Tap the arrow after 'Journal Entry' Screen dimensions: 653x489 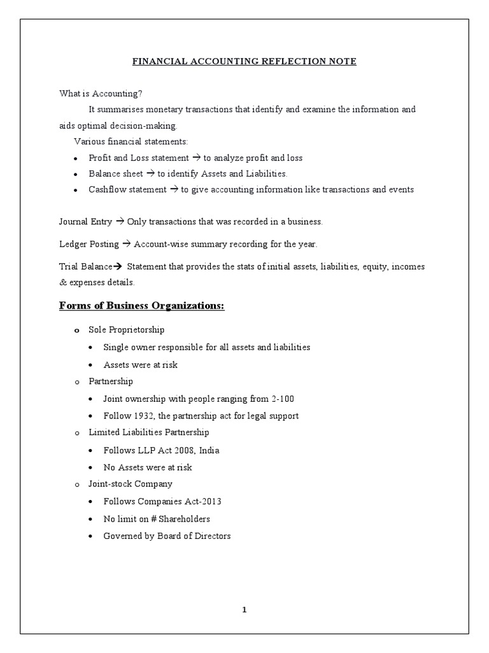pyautogui.click(x=120, y=222)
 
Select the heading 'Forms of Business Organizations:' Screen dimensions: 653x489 pyautogui.click(x=142, y=306)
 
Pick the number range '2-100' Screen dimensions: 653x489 pyautogui.click(x=283, y=399)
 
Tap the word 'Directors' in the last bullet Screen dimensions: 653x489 pyautogui.click(x=213, y=536)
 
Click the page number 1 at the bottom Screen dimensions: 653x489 pyautogui.click(x=244, y=610)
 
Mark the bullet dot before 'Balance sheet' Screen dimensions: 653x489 pyautogui.click(x=75, y=174)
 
